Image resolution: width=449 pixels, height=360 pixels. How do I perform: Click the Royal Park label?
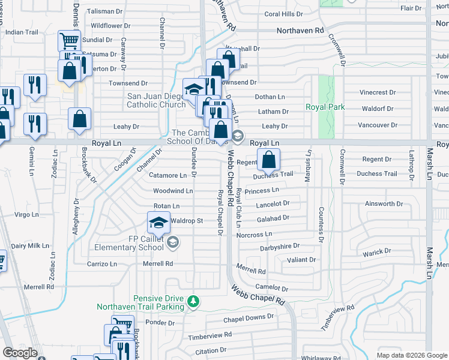pos(325,107)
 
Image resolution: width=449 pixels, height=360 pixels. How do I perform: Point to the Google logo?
pos(20,353)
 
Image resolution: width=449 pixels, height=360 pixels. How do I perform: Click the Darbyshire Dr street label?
pos(280,247)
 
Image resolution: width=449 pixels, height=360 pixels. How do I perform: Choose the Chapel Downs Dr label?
pos(249,317)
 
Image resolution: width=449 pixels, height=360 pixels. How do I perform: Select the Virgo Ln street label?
pos(26,214)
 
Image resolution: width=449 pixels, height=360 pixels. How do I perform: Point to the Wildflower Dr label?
pos(110,26)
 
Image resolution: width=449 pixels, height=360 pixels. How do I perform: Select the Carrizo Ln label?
pos(101,264)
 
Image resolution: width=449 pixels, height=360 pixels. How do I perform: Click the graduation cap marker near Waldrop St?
pos(158,224)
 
